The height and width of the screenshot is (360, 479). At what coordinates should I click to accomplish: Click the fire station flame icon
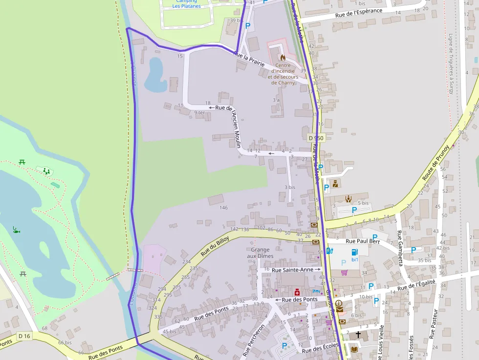click(283, 57)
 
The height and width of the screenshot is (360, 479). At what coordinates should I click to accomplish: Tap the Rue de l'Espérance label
click(359, 15)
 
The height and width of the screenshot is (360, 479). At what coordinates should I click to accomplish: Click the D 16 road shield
click(24, 336)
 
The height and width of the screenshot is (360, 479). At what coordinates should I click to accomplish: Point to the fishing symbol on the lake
click(16, 229)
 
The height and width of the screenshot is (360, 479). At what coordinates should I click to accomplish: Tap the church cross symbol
click(358, 335)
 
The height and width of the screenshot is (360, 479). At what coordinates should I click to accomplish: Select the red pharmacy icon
click(297, 292)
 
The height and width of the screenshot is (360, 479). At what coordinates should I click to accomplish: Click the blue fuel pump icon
click(329, 252)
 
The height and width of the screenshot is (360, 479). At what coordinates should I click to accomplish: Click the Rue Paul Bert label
click(363, 241)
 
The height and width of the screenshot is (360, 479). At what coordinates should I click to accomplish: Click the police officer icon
click(335, 184)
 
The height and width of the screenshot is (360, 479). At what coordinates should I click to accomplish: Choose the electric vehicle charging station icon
click(355, 252)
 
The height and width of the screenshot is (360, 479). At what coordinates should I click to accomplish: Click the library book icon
click(354, 349)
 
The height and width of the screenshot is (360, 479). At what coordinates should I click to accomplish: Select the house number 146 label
click(223, 208)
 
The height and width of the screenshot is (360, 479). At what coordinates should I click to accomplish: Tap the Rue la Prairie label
click(249, 59)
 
